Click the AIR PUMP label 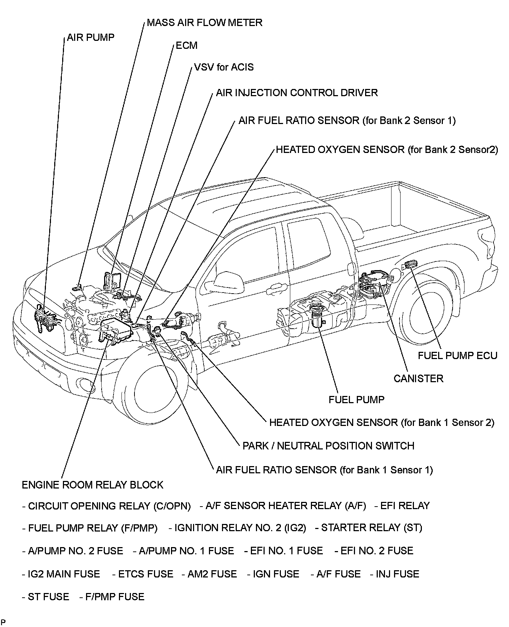[90, 38]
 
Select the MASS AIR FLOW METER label [204, 23]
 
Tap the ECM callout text [187, 46]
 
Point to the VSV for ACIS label [224, 67]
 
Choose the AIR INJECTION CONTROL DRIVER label [296, 93]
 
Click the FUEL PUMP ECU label [457, 355]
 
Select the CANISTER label [418, 379]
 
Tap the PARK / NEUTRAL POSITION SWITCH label [328, 445]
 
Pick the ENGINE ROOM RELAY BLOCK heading [93, 485]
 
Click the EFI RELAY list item [402, 506]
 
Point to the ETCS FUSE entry [143, 574]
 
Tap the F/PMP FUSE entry [112, 597]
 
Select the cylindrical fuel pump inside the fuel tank [318, 318]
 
